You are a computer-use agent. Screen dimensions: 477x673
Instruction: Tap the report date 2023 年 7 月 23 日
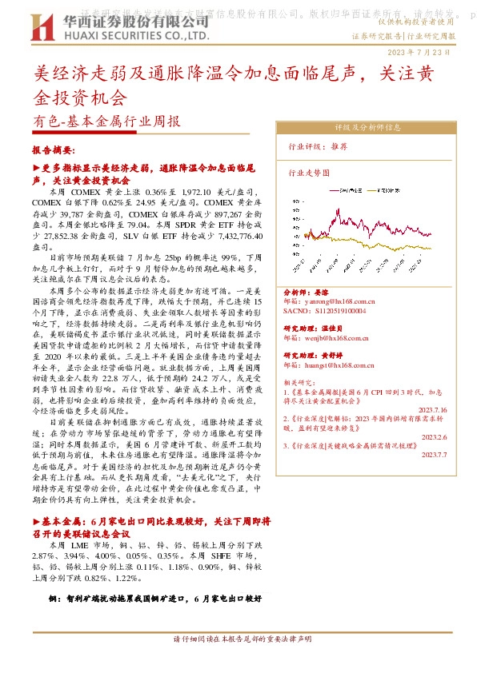pyautogui.click(x=425, y=52)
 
